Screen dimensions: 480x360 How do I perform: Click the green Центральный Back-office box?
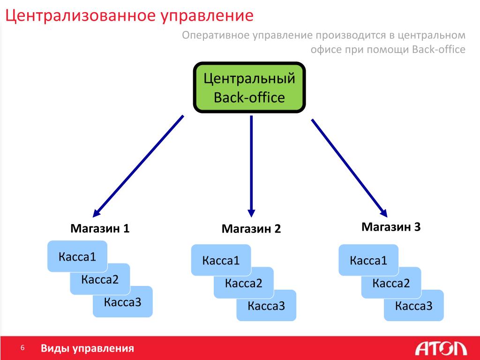(x=249, y=88)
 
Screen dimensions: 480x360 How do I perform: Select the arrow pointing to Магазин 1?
(x=138, y=166)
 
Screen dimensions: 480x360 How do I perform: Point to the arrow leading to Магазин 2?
(x=251, y=166)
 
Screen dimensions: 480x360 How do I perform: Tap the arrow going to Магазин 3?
(x=349, y=168)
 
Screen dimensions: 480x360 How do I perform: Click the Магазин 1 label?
(x=100, y=228)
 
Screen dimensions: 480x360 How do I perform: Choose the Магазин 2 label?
(x=251, y=229)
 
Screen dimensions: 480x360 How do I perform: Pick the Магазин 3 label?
(x=391, y=227)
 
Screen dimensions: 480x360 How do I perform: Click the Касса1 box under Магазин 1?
(x=77, y=256)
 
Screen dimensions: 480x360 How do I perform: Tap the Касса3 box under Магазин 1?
(x=123, y=302)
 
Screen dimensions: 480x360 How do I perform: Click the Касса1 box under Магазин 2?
(x=221, y=260)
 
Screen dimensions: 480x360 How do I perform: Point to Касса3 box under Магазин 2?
(x=266, y=306)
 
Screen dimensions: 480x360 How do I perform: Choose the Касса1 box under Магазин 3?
(x=368, y=260)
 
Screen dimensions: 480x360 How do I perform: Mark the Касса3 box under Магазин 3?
(x=414, y=306)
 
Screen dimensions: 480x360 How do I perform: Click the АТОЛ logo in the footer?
(x=441, y=349)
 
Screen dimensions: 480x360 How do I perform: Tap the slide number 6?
(x=22, y=348)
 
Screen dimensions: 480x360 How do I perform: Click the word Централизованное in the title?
(x=81, y=15)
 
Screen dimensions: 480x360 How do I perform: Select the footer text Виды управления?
(x=87, y=348)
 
